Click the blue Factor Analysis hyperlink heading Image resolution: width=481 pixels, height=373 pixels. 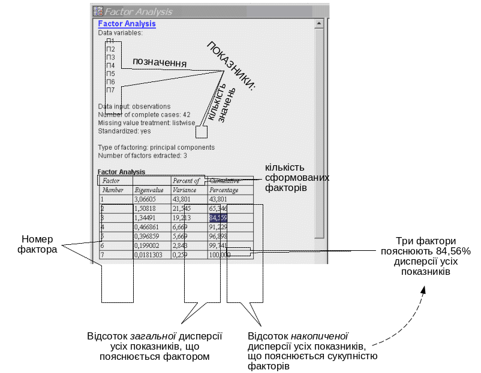point(127,24)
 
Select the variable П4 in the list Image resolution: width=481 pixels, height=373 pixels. point(110,65)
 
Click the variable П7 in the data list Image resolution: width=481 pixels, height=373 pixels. point(110,90)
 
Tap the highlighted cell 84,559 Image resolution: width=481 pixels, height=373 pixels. point(218,217)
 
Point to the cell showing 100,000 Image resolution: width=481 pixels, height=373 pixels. point(220,254)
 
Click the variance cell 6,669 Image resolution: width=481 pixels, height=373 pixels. point(181,227)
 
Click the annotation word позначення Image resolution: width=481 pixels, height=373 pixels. point(159,63)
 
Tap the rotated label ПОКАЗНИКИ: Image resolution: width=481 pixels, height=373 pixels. point(232,66)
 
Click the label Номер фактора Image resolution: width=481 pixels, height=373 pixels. point(38,244)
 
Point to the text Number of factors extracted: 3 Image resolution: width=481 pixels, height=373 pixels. point(143,156)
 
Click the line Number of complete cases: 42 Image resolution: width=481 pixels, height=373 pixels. point(144,114)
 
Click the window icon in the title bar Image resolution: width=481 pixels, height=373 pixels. point(98,11)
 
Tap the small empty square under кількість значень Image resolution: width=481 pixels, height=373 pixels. point(201,132)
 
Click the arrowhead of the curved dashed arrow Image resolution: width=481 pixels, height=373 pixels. point(423,289)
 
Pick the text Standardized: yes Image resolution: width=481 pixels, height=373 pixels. point(125,131)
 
